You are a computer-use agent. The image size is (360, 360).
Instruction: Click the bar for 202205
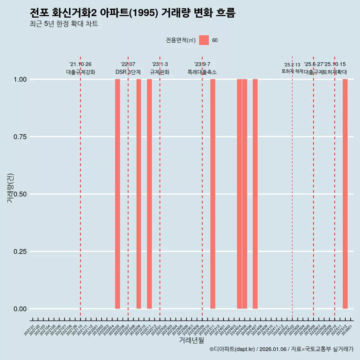pos(117,194)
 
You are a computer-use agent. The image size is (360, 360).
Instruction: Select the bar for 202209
pos(139,194)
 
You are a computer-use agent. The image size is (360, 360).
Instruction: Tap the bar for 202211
pos(149,194)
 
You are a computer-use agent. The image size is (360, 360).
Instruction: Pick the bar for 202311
pos(213,194)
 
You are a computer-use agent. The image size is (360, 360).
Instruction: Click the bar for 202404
pos(239,194)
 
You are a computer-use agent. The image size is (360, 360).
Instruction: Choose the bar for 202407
pos(255,194)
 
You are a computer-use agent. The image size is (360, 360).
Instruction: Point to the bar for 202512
pos(345,194)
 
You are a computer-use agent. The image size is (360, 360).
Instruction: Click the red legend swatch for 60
pos(204,40)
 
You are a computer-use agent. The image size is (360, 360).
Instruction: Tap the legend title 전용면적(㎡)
pos(180,40)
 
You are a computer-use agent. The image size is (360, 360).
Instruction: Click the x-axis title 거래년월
pos(191,340)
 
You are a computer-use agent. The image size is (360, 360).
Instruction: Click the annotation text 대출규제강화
pos(81,72)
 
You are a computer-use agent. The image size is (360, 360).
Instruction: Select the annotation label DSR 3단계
pos(128,72)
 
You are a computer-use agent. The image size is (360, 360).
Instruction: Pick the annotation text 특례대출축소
pos(202,72)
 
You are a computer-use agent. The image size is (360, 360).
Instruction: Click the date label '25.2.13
pos(292,65)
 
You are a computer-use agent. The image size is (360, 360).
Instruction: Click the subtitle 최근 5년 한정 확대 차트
pos(64,24)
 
